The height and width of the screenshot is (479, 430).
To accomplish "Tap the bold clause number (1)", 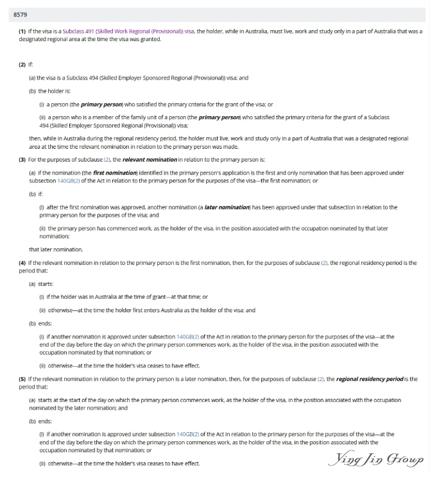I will pyautogui.click(x=22, y=31).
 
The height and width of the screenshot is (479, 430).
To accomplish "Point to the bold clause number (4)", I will pyautogui.click(x=22, y=263).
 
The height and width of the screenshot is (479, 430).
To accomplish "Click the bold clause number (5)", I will pyautogui.click(x=22, y=379).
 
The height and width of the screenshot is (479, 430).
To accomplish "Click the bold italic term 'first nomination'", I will pyautogui.click(x=108, y=173).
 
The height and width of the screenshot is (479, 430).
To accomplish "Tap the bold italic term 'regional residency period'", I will pyautogui.click(x=363, y=379).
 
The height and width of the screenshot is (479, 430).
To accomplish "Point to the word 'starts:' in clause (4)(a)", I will pyautogui.click(x=46, y=283).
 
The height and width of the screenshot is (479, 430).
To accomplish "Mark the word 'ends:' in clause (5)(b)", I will pyautogui.click(x=45, y=421).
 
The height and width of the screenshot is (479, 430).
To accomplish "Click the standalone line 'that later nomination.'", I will pyautogui.click(x=56, y=249).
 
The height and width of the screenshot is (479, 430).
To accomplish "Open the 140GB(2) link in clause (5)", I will pyautogui.click(x=187, y=434).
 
